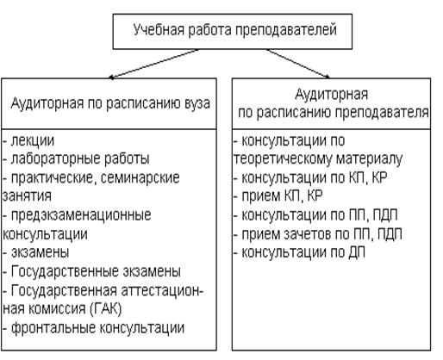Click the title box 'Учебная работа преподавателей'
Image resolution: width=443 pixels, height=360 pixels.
coord(233,31)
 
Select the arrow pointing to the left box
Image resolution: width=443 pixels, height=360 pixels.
coord(153,64)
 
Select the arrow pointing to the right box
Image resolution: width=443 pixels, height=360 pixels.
coord(298,64)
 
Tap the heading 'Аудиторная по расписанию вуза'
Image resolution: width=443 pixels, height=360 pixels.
coord(110,103)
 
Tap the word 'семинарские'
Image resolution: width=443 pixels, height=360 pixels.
coord(140,178)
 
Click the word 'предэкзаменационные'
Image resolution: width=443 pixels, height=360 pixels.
coord(81,215)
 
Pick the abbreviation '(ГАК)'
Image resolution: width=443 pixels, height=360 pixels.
coord(106,309)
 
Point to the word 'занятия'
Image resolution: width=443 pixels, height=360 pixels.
coord(27,196)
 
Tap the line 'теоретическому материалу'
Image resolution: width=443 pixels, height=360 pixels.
coord(318,159)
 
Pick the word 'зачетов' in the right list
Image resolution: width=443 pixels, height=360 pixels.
coord(308,234)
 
